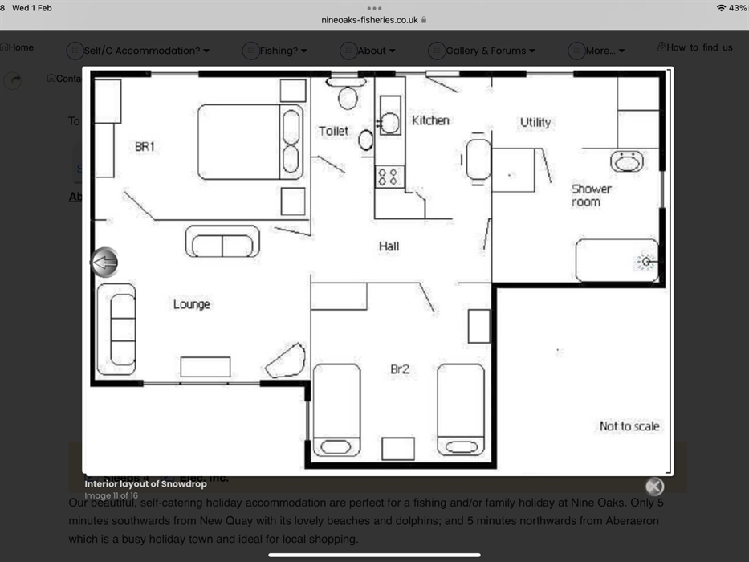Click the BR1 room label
(145, 147)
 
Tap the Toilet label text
(334, 131)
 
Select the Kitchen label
(430, 120)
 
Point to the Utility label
(535, 122)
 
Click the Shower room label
(591, 195)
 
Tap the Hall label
(389, 246)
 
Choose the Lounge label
(192, 304)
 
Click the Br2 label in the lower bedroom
(400, 369)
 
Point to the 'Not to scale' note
(629, 426)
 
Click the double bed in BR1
(249, 141)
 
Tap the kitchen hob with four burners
(389, 176)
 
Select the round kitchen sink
(389, 123)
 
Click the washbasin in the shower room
(627, 161)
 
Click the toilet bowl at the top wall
(348, 96)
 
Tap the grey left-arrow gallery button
(104, 263)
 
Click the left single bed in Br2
(336, 409)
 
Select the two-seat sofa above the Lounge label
(222, 242)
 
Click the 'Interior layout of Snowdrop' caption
(145, 484)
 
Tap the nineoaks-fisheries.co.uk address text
(369, 20)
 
